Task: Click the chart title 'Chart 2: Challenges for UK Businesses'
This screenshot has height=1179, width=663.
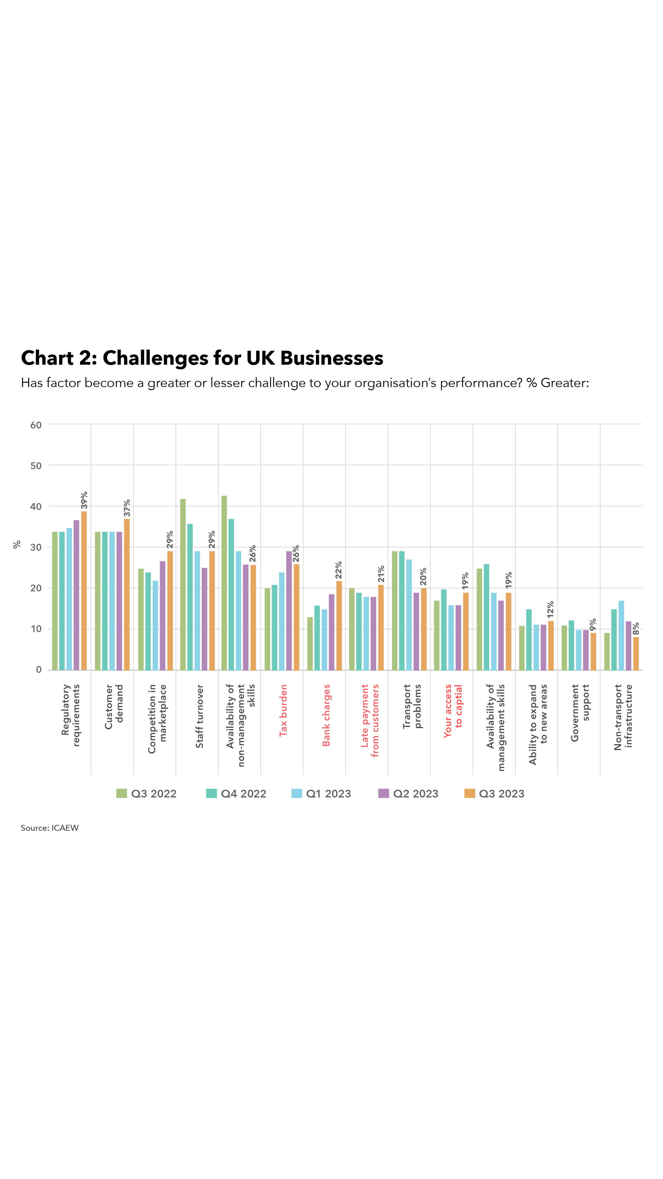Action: click(x=202, y=358)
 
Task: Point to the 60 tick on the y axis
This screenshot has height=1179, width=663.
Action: click(x=36, y=425)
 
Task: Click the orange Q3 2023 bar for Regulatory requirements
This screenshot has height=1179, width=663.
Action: click(x=84, y=590)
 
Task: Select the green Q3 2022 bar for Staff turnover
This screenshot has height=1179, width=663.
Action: click(x=183, y=585)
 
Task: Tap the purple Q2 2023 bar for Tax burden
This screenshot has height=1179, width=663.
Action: click(x=289, y=611)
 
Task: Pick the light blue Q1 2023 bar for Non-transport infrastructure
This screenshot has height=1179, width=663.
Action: click(x=621, y=635)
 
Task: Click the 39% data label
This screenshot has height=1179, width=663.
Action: click(x=84, y=501)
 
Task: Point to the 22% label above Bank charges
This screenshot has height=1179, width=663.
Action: click(x=338, y=570)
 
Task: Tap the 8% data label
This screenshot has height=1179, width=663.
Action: click(x=636, y=628)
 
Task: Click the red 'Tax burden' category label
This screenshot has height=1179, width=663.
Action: click(x=283, y=710)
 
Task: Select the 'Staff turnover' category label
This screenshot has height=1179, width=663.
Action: click(x=200, y=716)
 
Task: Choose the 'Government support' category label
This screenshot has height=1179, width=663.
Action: click(x=580, y=712)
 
